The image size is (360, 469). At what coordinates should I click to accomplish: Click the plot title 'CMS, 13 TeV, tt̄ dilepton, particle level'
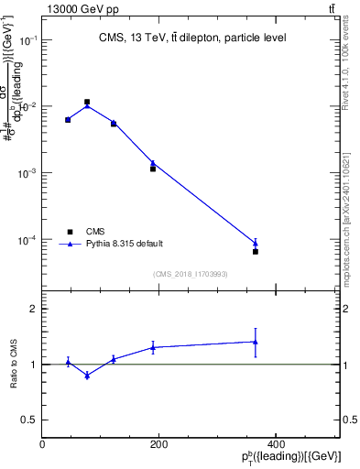point(191,38)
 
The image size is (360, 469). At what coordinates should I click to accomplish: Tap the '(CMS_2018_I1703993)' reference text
point(191,273)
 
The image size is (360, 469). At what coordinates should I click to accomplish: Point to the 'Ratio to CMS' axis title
point(13,365)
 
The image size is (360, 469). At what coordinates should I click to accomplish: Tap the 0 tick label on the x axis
point(42,444)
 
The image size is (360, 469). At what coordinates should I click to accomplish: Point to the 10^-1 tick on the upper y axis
point(28,40)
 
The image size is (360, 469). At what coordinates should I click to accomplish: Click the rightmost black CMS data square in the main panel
point(256,251)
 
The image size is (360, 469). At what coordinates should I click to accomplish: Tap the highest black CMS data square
point(87,102)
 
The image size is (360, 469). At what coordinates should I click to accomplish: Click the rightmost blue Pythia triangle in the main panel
point(256,243)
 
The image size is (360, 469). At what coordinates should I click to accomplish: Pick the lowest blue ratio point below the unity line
point(87,376)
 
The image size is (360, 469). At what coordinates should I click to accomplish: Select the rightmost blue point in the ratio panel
point(256,342)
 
